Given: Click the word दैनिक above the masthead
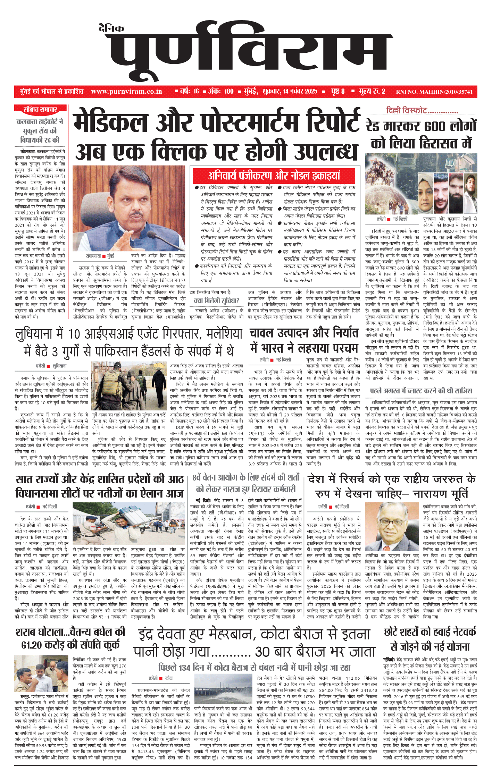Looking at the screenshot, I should coord(111,28).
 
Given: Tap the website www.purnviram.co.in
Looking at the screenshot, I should coord(126,92).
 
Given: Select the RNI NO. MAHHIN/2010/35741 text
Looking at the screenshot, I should coord(434,92).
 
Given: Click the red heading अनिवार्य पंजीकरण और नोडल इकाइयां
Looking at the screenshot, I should coord(274,176).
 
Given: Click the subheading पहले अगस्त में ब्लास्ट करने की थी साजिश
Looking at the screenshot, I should coord(421,391).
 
